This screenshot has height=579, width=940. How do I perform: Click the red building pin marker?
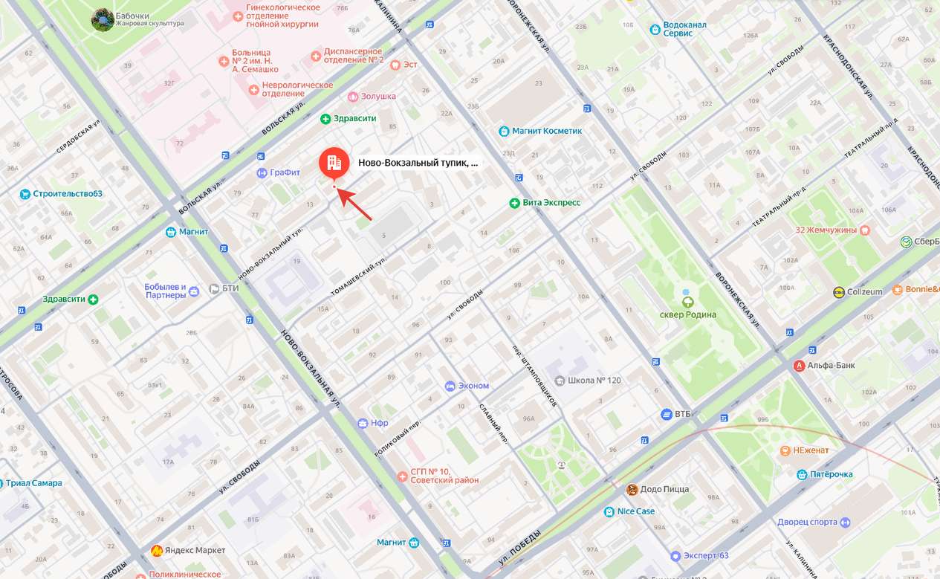click(334, 163)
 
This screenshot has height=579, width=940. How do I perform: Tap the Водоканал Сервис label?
click(684, 29)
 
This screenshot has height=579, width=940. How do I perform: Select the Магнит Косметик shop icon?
click(504, 131)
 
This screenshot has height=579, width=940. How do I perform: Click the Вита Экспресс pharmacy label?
click(551, 202)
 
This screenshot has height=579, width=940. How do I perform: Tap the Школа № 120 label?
click(594, 380)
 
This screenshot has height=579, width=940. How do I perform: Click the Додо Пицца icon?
click(632, 489)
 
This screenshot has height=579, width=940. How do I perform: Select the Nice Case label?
click(635, 511)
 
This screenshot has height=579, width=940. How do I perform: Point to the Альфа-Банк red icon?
click(800, 365)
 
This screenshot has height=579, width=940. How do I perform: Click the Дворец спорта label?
click(807, 522)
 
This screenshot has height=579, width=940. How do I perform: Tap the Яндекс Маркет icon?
click(158, 550)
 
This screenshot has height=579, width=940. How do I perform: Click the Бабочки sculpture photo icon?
click(102, 19)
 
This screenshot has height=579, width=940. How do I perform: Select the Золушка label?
click(377, 96)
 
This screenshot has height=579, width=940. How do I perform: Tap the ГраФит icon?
click(262, 173)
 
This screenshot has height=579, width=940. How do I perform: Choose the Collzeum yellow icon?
click(839, 292)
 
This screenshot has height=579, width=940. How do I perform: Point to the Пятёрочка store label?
click(831, 474)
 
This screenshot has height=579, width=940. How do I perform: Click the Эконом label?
click(473, 386)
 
